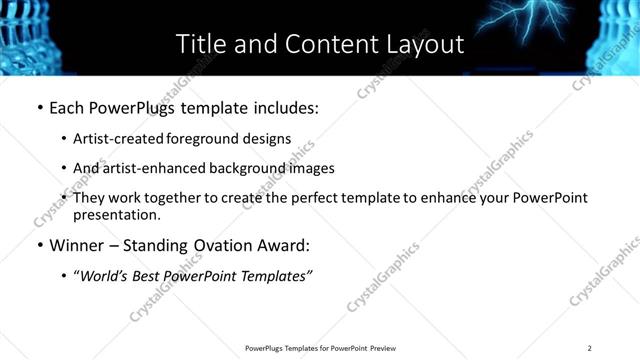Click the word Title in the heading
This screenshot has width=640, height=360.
pyautogui.click(x=200, y=44)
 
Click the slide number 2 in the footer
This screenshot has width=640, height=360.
pyautogui.click(x=590, y=348)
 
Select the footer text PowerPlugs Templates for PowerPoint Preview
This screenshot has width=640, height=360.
pyautogui.click(x=319, y=348)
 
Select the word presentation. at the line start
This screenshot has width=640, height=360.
pyautogui.click(x=115, y=215)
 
